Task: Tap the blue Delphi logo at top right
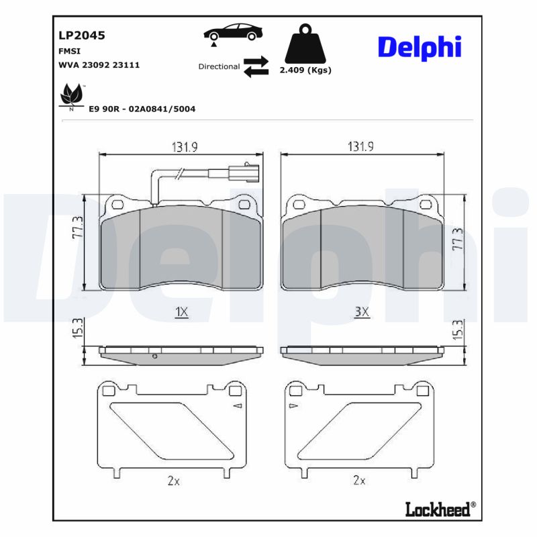coord(420,47)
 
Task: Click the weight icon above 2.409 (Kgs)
coord(305,44)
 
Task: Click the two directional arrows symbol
coord(256,66)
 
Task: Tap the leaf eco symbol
coord(71,96)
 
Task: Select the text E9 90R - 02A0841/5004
coord(142,108)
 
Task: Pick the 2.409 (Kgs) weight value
coord(305,70)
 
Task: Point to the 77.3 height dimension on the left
coord(78,228)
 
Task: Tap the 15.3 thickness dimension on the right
coord(458,329)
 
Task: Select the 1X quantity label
coord(181,312)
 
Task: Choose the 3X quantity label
coord(362,312)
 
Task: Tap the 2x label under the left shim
coord(174,480)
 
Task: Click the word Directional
coord(219,66)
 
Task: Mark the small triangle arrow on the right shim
coord(292,407)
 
